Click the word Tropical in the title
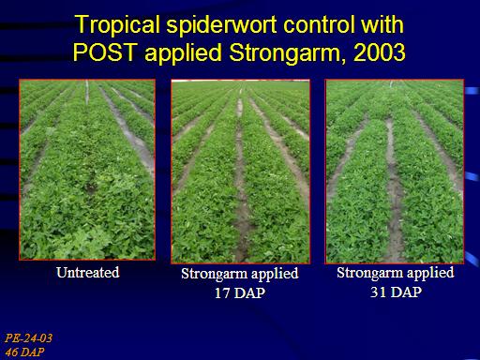coord(118,25)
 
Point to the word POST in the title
coord(105,52)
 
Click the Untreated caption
coord(88,272)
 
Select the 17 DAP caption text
coord(240,292)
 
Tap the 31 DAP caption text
coord(396,292)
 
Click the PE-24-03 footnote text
coord(28,338)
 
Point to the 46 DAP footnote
coord(24,352)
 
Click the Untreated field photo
coord(87,170)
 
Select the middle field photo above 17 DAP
coord(241,172)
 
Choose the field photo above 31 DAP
coord(395,172)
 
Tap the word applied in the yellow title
coord(184,53)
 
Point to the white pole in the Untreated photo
coord(87,92)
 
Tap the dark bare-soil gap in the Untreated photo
coord(91,187)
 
